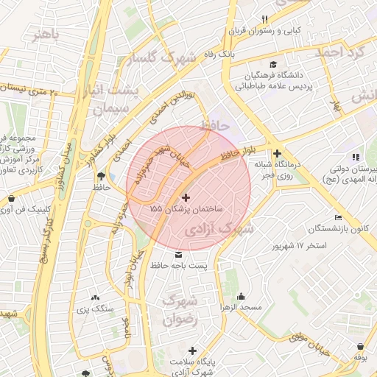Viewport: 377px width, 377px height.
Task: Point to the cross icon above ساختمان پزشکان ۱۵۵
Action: click(185, 197)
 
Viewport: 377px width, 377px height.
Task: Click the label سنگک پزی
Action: click(98, 309)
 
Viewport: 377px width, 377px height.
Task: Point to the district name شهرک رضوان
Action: click(180, 310)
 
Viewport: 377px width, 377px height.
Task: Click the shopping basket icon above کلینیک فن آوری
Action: click(11, 198)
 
